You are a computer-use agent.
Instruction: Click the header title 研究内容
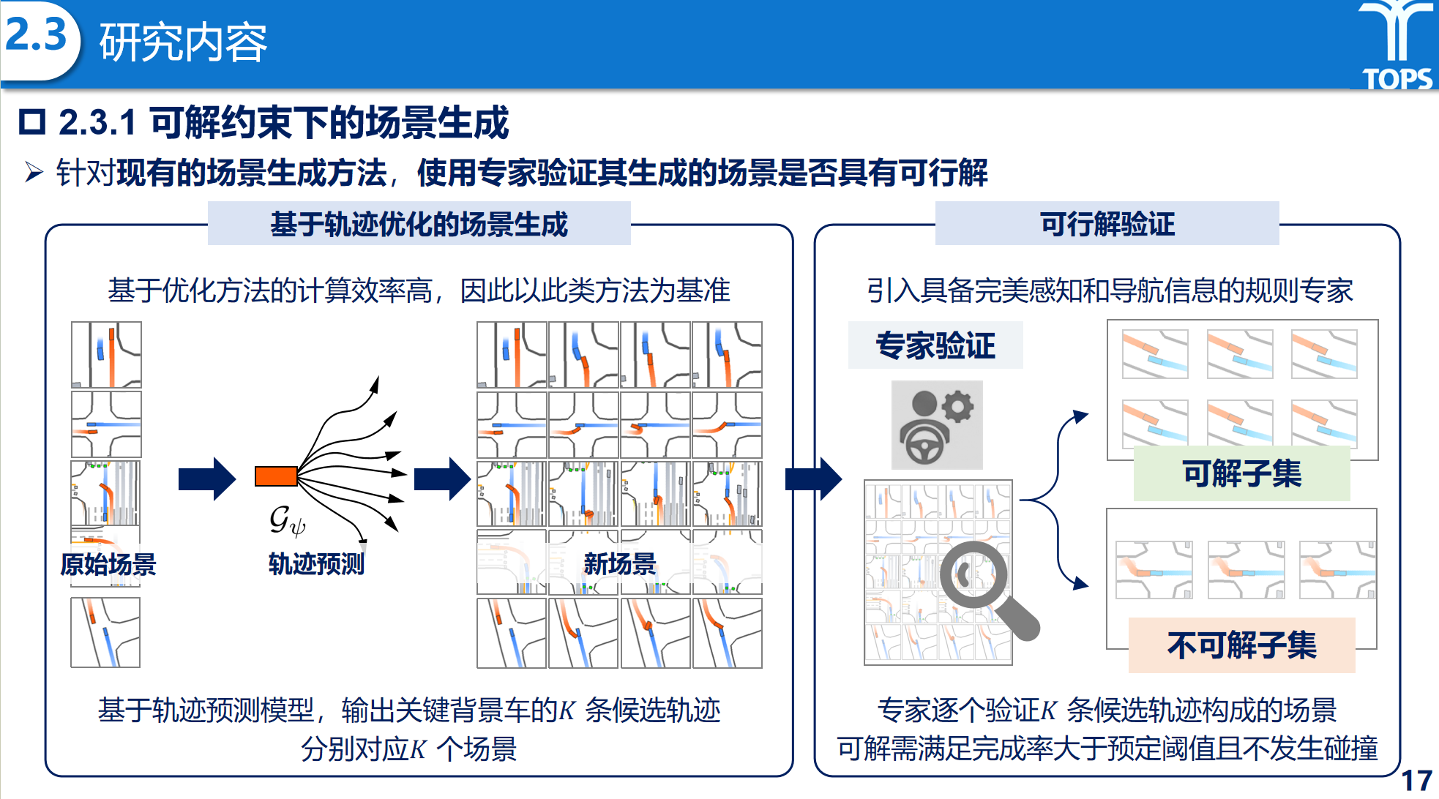[183, 42]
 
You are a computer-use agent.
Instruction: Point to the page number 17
[1416, 780]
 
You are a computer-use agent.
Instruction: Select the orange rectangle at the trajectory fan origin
[276, 476]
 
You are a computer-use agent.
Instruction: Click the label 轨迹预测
[316, 563]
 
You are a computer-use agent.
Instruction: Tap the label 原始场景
[108, 564]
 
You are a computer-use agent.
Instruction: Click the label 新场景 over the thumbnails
[619, 563]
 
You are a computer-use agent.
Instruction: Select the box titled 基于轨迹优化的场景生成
[419, 224]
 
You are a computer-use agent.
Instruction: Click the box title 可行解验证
[1107, 224]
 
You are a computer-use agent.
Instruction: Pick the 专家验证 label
[935, 345]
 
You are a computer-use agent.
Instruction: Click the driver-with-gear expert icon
[937, 425]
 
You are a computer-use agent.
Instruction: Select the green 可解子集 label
[1241, 473]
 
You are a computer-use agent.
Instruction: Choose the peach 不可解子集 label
[1241, 645]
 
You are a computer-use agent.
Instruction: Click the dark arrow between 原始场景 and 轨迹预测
[207, 479]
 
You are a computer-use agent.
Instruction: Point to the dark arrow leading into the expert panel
[813, 479]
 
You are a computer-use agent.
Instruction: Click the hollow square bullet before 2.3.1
[32, 122]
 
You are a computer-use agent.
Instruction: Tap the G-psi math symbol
[286, 520]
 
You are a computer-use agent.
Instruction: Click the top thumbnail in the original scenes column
[106, 355]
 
